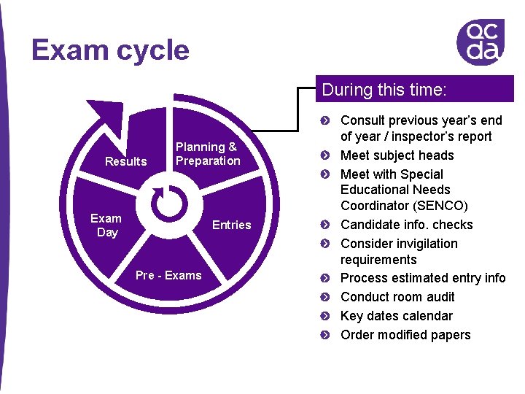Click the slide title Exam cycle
pyautogui.click(x=110, y=50)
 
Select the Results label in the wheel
pyautogui.click(x=125, y=161)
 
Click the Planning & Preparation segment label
pyautogui.click(x=207, y=154)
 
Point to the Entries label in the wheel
pyautogui.click(x=231, y=225)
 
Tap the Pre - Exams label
pyautogui.click(x=168, y=275)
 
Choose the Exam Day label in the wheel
pyautogui.click(x=106, y=225)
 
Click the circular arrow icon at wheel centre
pyautogui.click(x=173, y=201)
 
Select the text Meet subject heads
pyautogui.click(x=397, y=155)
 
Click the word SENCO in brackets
pyautogui.click(x=443, y=206)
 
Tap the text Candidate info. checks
pyautogui.click(x=406, y=225)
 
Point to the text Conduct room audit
pyautogui.click(x=397, y=297)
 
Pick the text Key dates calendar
pyautogui.click(x=396, y=316)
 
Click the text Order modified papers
pyautogui.click(x=405, y=335)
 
